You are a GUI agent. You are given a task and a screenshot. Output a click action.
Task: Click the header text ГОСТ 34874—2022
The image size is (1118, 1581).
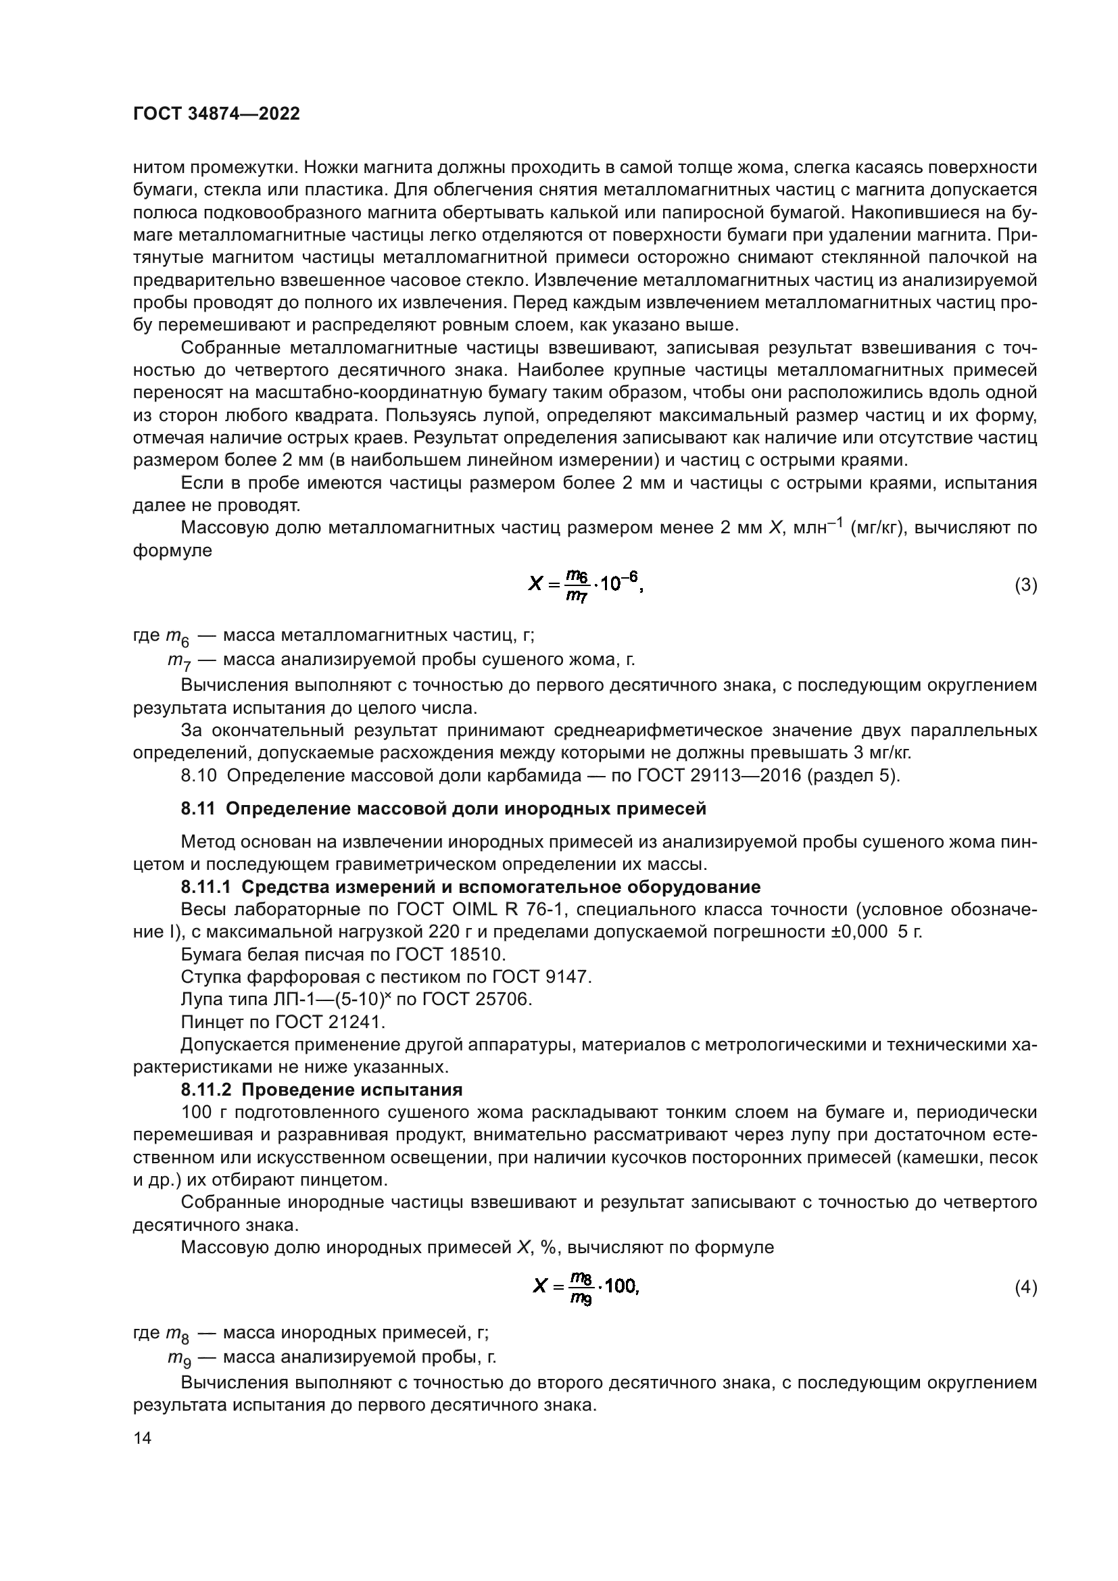coord(216,114)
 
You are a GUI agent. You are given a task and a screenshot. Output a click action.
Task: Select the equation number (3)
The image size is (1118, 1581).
coord(1026,585)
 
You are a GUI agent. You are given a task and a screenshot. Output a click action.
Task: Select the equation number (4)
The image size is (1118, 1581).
coord(1026,1287)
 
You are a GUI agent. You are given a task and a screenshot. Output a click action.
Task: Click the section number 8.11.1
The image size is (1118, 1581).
coord(208,887)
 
